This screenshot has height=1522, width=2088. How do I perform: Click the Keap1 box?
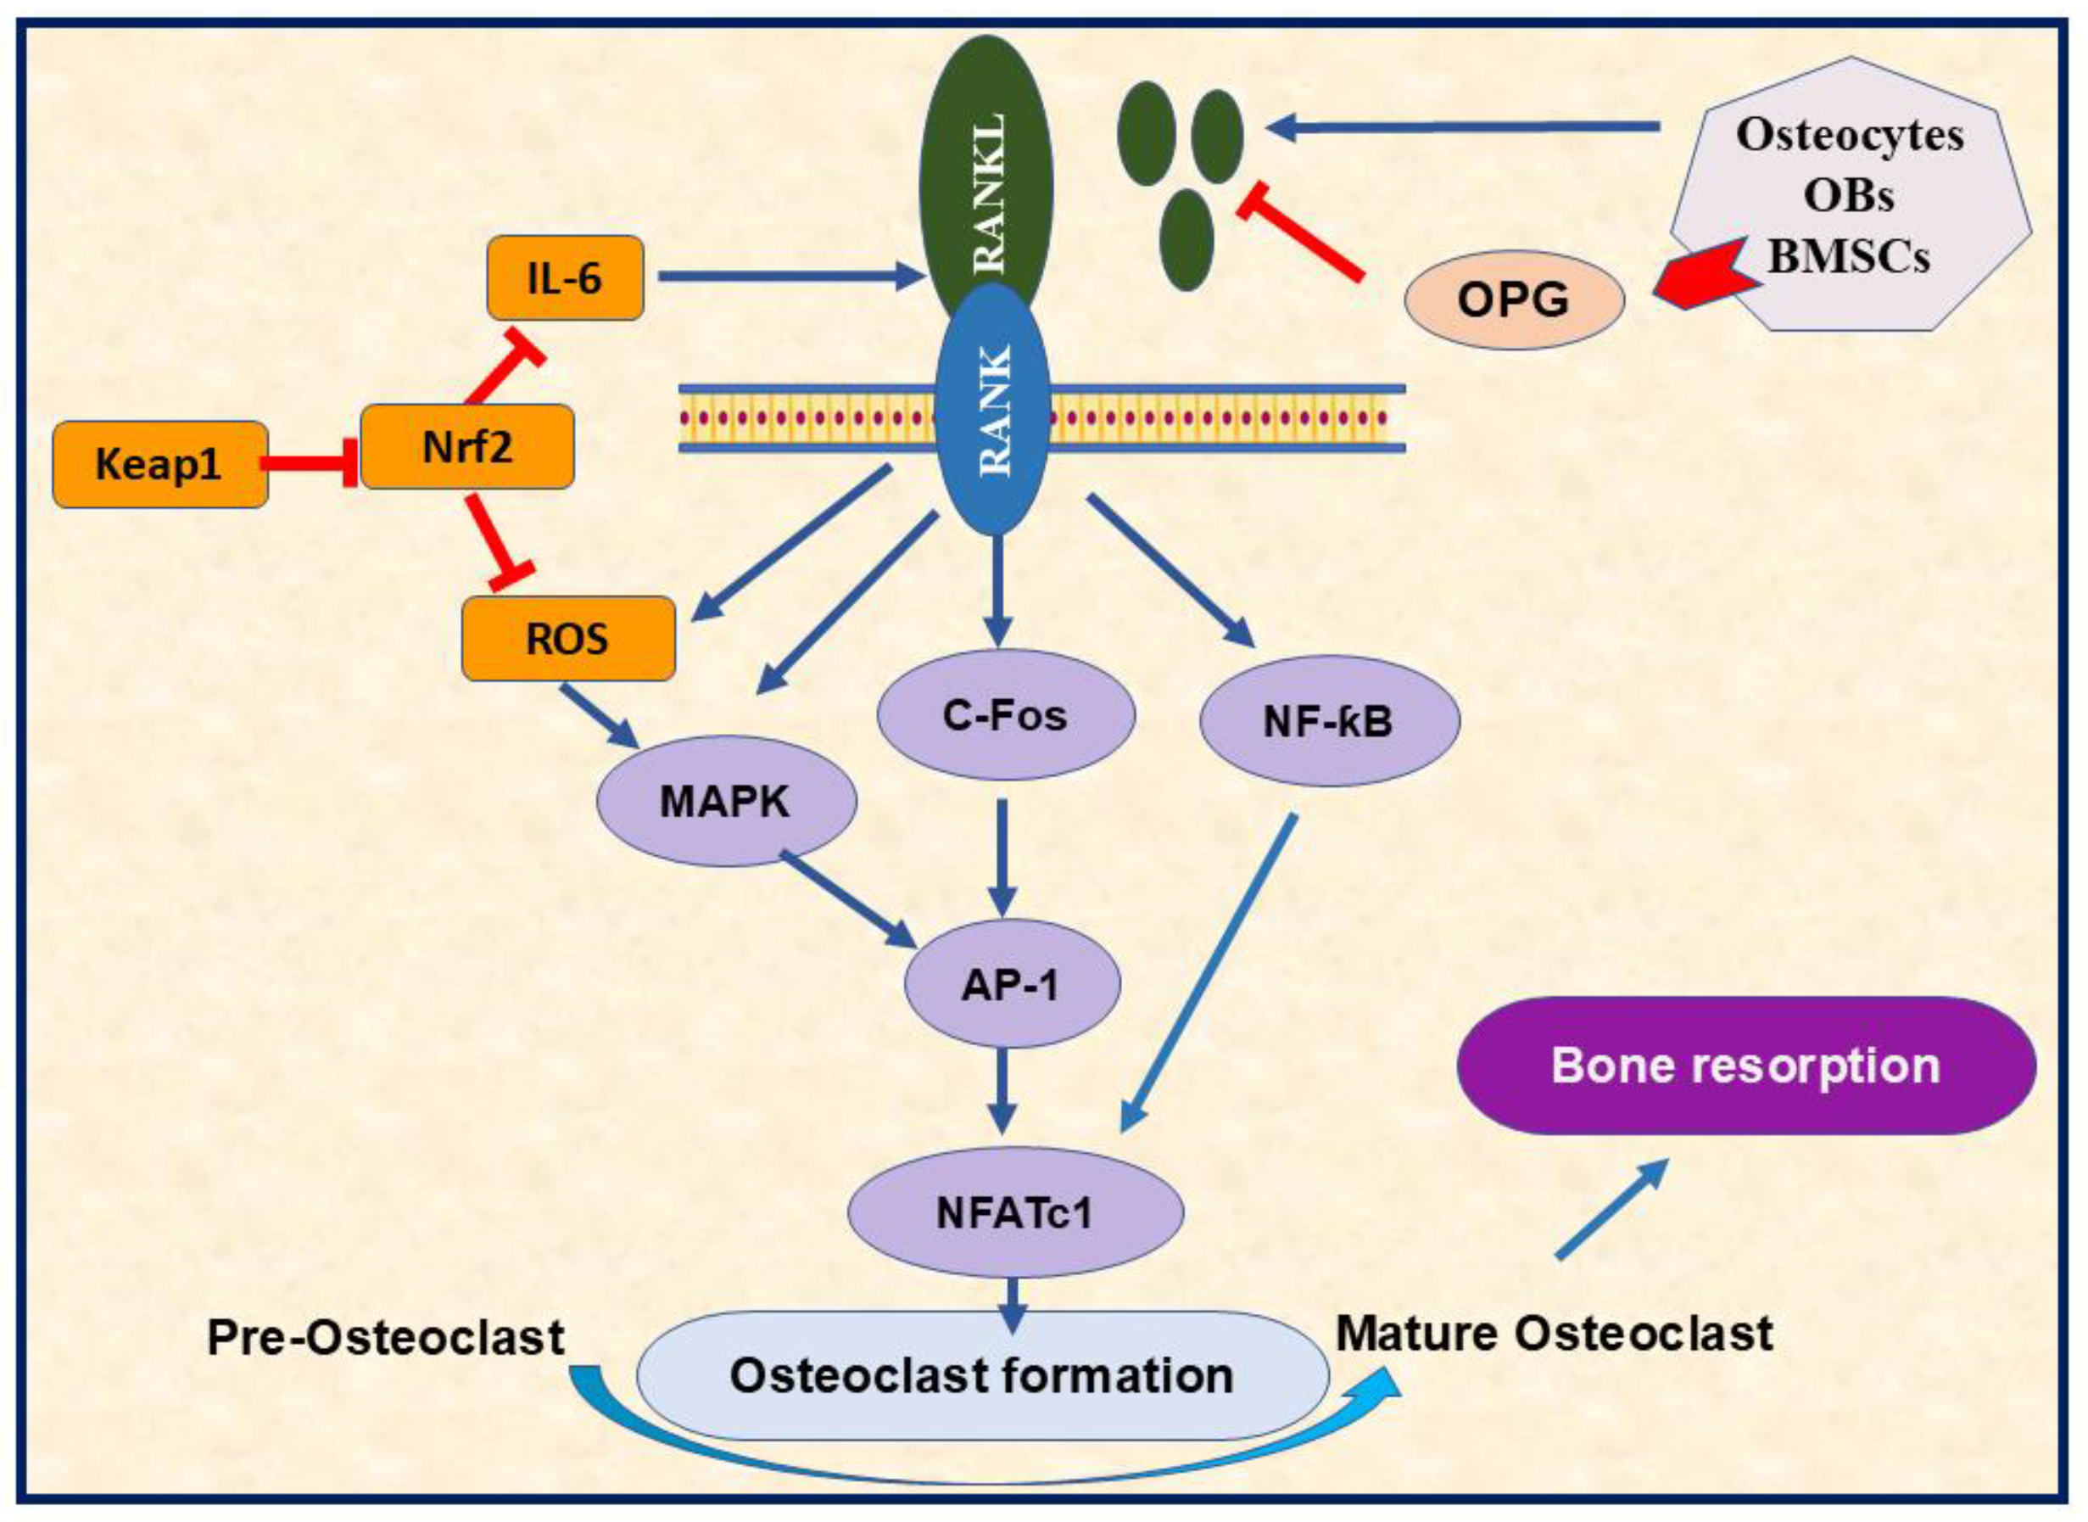coord(160,464)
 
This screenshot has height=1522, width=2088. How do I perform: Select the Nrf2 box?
coord(467,447)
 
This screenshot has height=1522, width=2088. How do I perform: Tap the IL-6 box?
coord(565,277)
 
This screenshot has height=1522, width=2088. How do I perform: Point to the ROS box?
coord(568,639)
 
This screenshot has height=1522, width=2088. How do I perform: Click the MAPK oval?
coord(727,801)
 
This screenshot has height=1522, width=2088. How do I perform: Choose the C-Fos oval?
coord(1006,715)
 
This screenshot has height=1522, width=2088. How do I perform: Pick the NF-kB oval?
coord(1329,720)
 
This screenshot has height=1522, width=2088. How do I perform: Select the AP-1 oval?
coord(1013,984)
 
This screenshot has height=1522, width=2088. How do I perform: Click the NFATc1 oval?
coord(1015,1212)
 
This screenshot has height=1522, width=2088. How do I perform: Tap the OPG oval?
coord(1514,299)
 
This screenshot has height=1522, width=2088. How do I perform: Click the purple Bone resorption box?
coord(1746,1066)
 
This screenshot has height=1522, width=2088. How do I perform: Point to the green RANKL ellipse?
coord(986,175)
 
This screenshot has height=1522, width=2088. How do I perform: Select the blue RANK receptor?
coord(993,408)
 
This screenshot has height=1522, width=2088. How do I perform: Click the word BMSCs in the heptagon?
coord(1849,256)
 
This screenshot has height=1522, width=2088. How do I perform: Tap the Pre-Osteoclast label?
coord(386,1338)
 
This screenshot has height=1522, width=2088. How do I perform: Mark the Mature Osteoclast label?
coord(1555,1333)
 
